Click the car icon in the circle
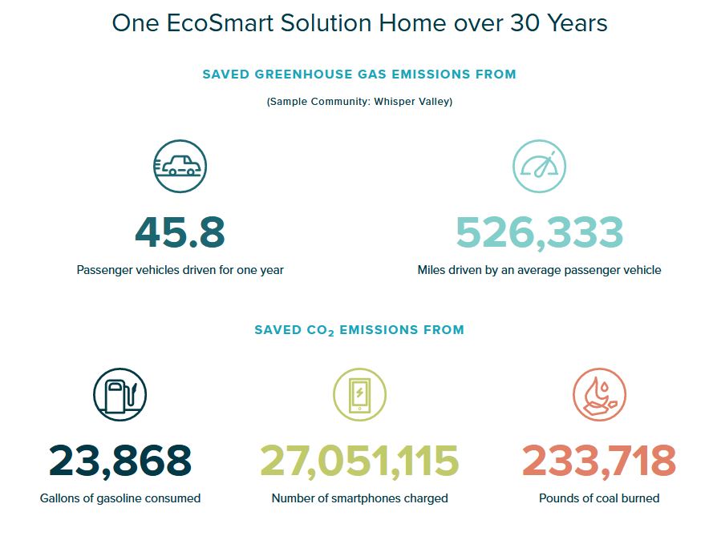[x=180, y=166]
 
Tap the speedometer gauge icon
[x=539, y=166]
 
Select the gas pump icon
[x=120, y=394]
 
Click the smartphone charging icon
[x=359, y=394]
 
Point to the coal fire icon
[x=599, y=394]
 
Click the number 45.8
[x=180, y=232]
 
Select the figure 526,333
[x=540, y=233]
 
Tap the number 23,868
[x=120, y=461]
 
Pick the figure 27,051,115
[x=359, y=461]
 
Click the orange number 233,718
[x=599, y=461]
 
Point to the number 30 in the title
[x=525, y=23]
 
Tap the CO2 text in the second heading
[x=321, y=331]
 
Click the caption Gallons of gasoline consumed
[x=120, y=498]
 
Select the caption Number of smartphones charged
[x=359, y=498]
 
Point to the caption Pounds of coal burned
[x=599, y=498]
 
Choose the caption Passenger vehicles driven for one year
[x=180, y=270]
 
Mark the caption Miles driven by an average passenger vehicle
[x=539, y=270]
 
